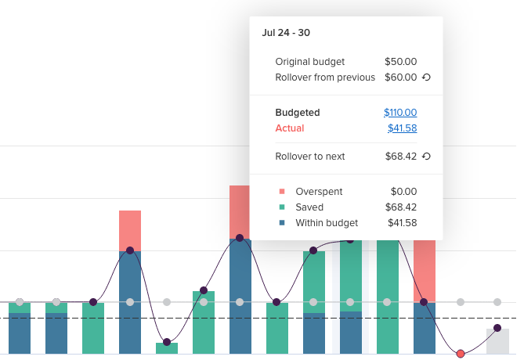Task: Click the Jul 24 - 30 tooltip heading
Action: click(x=286, y=33)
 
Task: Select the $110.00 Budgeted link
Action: click(x=400, y=113)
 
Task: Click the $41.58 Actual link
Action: click(x=402, y=128)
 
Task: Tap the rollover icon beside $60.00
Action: click(x=427, y=77)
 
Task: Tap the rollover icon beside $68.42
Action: click(x=427, y=157)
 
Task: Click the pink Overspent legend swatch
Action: click(x=282, y=192)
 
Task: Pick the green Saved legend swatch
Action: click(x=282, y=207)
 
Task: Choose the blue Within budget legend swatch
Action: click(x=282, y=223)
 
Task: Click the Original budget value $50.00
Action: click(x=400, y=62)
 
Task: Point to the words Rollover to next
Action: click(x=310, y=157)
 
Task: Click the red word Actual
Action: click(x=290, y=128)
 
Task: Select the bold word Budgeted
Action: click(x=298, y=113)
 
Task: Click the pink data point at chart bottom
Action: click(x=461, y=354)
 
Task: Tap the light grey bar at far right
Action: click(x=497, y=342)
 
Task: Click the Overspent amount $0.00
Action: click(x=403, y=192)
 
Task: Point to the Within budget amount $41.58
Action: click(x=402, y=223)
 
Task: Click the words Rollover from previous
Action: click(x=325, y=77)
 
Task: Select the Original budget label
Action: click(x=310, y=62)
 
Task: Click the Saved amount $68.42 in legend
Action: click(x=402, y=207)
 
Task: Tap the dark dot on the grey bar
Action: click(x=497, y=329)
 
